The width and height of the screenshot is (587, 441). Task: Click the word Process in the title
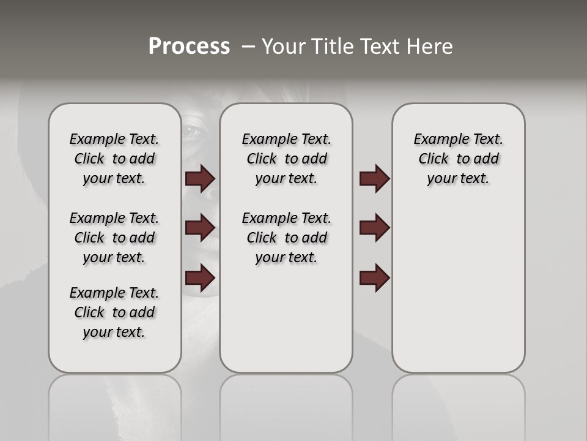(x=189, y=46)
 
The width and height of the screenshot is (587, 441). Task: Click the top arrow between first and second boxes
(x=200, y=178)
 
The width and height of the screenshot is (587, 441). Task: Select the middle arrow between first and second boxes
(x=200, y=228)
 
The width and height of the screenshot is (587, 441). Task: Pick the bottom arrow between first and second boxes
(x=200, y=278)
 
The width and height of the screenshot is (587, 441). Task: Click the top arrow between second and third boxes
(x=374, y=178)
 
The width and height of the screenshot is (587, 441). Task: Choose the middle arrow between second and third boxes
(x=374, y=228)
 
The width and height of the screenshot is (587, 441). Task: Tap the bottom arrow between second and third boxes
(x=374, y=278)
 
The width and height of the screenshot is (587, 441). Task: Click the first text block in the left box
(x=114, y=159)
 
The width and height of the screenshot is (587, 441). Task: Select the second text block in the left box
(x=114, y=238)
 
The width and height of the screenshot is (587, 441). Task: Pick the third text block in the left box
(x=114, y=312)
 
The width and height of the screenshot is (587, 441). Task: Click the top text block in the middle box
(x=286, y=159)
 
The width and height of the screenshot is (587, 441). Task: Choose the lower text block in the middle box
(x=286, y=238)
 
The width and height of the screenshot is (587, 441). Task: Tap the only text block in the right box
(x=458, y=159)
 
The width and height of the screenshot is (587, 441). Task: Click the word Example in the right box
(x=437, y=139)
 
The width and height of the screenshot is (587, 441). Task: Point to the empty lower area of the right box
(x=458, y=288)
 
